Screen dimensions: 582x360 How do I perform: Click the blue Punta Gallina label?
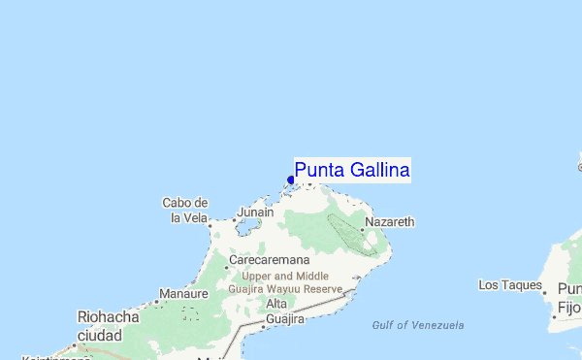(352, 171)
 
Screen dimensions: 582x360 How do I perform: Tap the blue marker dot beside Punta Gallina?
(291, 180)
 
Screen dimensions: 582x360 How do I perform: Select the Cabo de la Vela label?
(185, 210)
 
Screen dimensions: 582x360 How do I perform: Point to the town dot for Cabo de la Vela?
(210, 225)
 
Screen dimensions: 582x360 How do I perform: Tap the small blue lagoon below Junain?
(247, 228)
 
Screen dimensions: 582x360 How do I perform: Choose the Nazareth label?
(390, 222)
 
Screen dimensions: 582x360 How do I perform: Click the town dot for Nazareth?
(363, 230)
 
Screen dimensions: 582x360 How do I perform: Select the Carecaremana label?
(270, 261)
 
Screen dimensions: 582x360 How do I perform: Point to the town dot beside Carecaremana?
(227, 267)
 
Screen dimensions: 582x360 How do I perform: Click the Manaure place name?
(184, 293)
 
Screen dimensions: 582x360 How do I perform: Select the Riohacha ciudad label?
(108, 325)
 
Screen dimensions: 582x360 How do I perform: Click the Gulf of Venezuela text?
(418, 325)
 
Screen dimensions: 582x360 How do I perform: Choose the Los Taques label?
(509, 284)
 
